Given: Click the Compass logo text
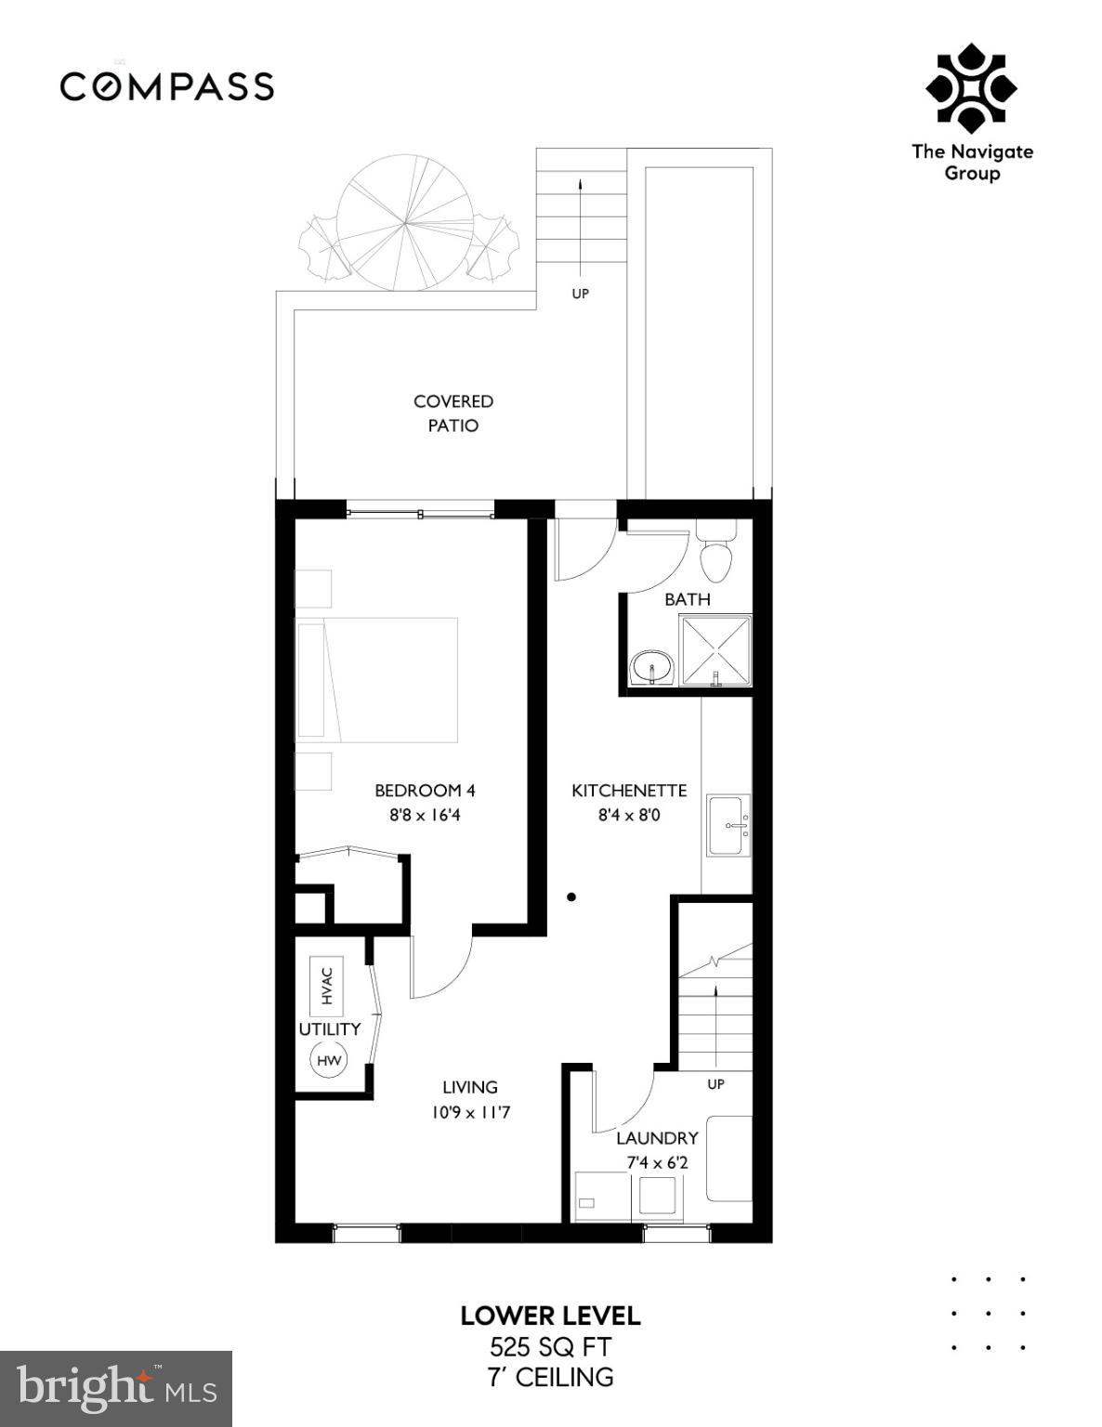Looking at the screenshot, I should (167, 86).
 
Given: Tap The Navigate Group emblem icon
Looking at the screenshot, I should (971, 88).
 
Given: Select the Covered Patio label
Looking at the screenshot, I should (453, 413).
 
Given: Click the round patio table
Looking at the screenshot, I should (405, 223).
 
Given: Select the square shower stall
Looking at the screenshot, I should (715, 651).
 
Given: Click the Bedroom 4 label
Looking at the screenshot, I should (425, 791).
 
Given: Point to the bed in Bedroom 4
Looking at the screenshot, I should (377, 679).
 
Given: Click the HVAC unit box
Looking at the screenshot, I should (326, 986).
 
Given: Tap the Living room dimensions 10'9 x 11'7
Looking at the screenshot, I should (470, 1112).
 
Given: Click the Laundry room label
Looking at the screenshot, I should (657, 1138).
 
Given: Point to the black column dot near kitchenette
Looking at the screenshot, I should (571, 897).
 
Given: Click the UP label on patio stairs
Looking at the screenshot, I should (580, 294).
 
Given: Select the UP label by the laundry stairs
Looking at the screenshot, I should (715, 1084).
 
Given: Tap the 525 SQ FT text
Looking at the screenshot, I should (550, 1347).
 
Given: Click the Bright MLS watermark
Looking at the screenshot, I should (116, 1389).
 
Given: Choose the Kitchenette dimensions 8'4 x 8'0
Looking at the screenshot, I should (629, 816).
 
